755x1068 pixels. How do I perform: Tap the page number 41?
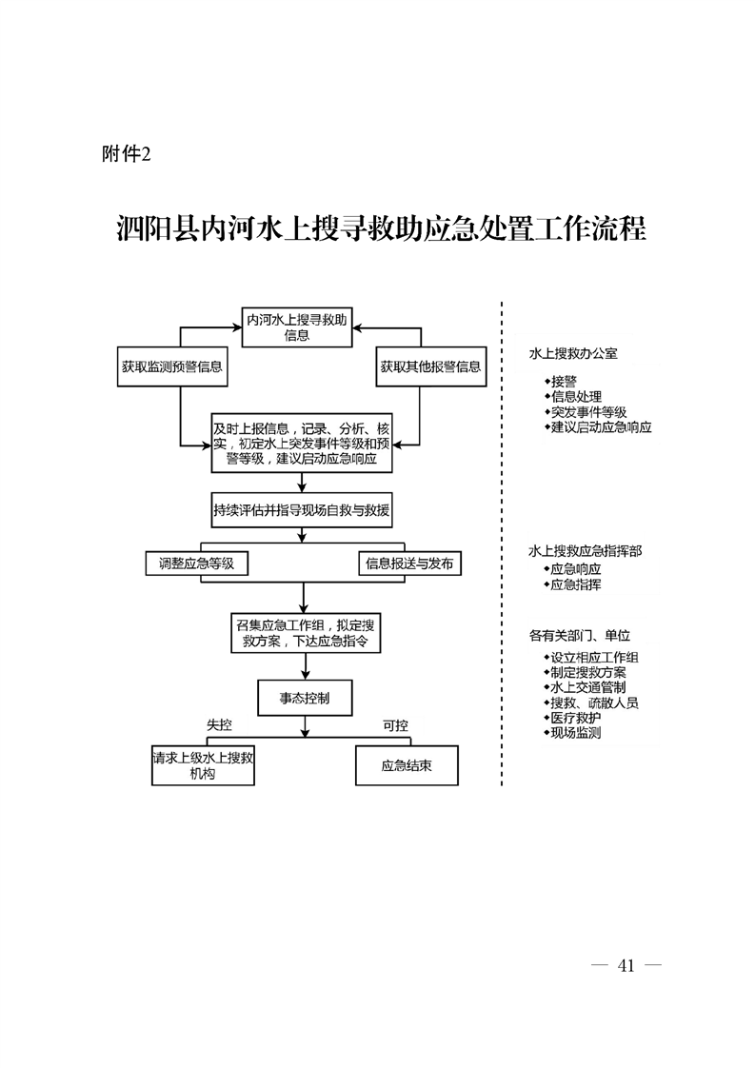(x=626, y=965)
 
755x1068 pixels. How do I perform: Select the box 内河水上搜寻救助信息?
(x=296, y=327)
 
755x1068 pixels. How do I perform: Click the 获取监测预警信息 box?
(x=172, y=366)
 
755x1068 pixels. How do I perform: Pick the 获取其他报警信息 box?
(x=429, y=366)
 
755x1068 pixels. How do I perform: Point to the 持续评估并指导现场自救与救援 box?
(x=302, y=509)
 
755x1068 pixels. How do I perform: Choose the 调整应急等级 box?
(x=196, y=564)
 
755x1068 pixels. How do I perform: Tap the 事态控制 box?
(x=304, y=698)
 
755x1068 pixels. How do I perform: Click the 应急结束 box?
(x=407, y=765)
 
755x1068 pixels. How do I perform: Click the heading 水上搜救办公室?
(x=573, y=354)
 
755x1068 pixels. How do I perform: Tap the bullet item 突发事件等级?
(x=588, y=412)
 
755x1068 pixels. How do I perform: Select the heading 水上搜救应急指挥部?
(x=586, y=551)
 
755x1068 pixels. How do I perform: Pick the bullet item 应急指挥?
(x=576, y=584)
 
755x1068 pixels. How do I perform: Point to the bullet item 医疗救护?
(x=576, y=718)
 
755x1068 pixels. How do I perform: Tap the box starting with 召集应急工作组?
(x=302, y=634)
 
